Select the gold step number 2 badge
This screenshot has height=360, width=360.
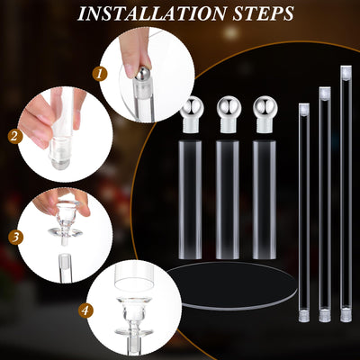pos(13,137)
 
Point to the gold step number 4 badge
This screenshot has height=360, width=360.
pos(85,310)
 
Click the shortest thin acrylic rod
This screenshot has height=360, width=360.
pos(302,211)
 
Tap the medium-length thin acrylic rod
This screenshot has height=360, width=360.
pos(324,202)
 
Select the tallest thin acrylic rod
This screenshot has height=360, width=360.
pos(346,193)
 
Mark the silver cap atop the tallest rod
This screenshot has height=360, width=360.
pos(346,70)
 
